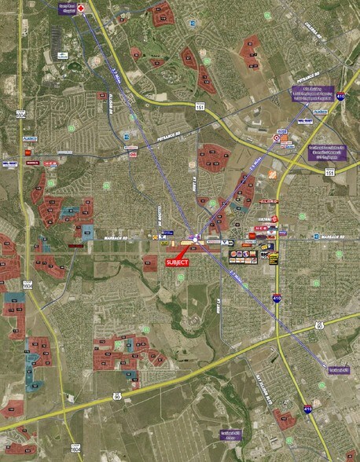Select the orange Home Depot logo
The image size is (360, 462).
[272, 174]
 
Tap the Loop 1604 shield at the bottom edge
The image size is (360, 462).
[75, 449]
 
